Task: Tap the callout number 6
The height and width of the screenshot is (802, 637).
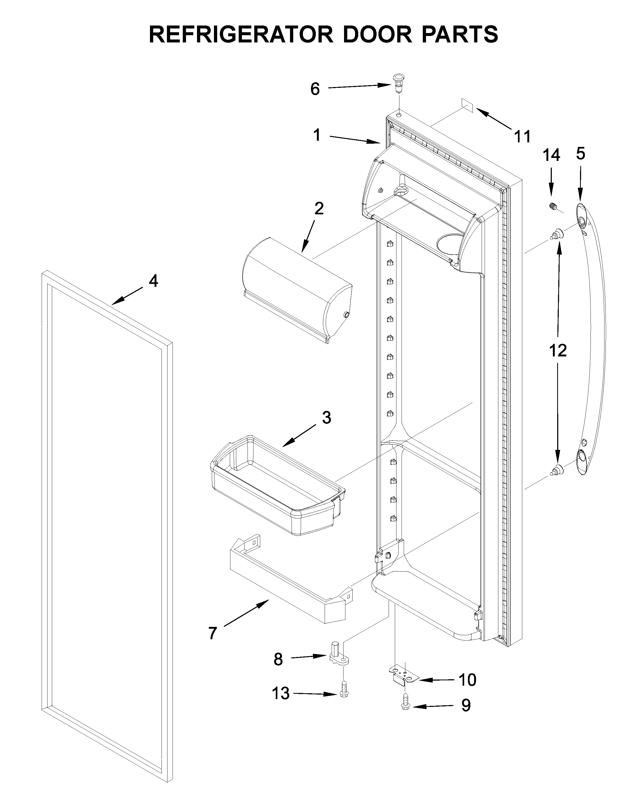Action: coord(315,89)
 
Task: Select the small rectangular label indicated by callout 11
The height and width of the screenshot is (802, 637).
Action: coord(467,105)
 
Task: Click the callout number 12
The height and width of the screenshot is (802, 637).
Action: coord(558,351)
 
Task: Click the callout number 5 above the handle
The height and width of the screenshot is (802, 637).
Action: coord(580,153)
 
